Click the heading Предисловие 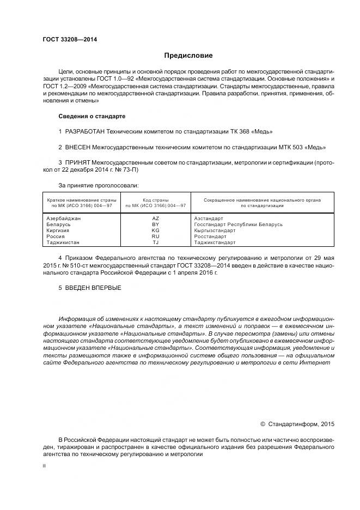click(x=188, y=56)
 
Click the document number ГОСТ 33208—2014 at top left click(x=66, y=39)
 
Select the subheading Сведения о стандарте click(x=92, y=117)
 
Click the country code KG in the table click(x=155, y=230)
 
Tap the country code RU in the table click(x=155, y=236)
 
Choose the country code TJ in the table click(x=155, y=242)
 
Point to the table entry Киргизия click(x=60, y=230)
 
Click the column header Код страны click(x=155, y=200)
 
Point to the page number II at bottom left click(x=44, y=466)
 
